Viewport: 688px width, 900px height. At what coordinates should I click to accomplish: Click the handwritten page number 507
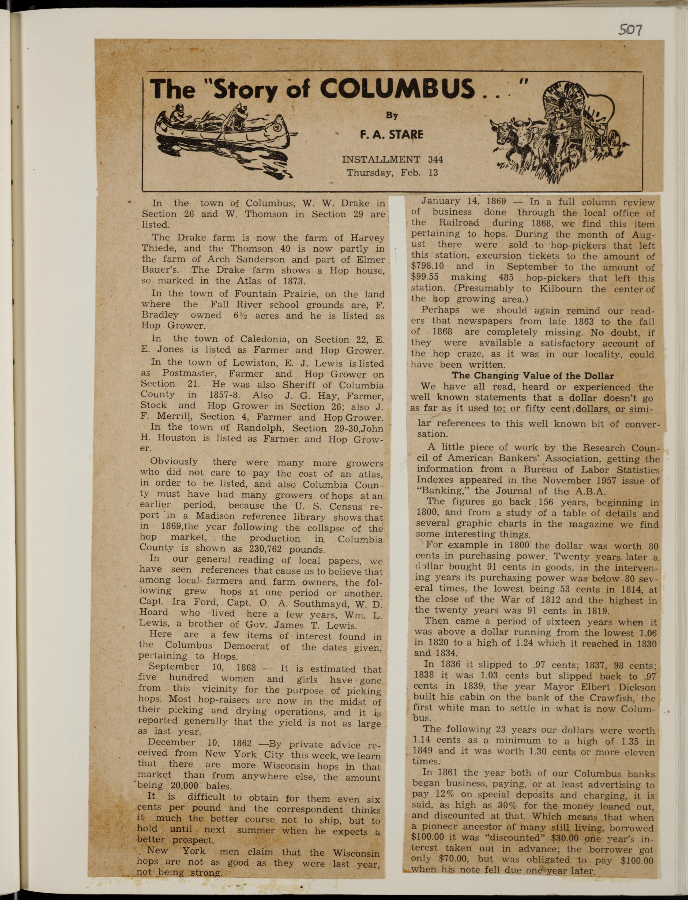pos(629,29)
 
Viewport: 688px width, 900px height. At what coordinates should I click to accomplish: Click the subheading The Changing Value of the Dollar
pos(532,376)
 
